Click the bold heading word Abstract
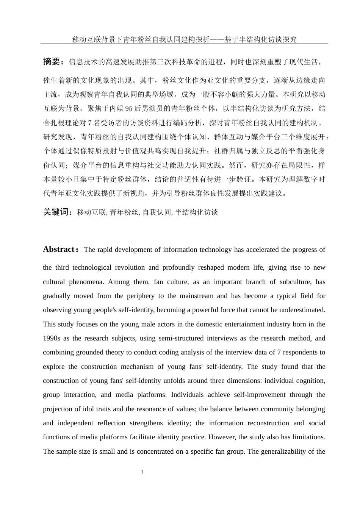[59, 250]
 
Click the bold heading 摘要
[52, 62]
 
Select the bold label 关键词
[56, 212]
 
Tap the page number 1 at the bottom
[142, 472]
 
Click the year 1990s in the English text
[52, 338]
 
